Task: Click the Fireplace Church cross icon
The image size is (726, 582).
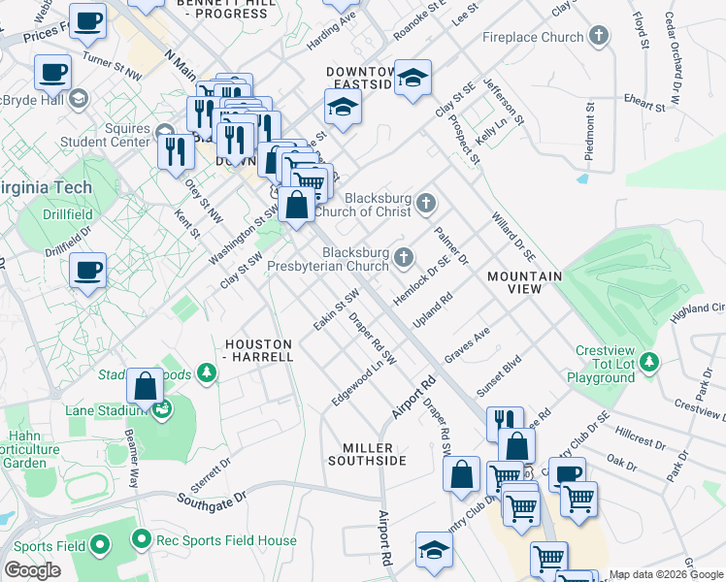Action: click(x=599, y=38)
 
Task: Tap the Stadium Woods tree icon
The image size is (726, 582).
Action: click(x=206, y=372)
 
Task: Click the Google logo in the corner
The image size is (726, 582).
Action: click(x=32, y=570)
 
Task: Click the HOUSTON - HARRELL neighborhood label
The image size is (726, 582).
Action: click(x=258, y=350)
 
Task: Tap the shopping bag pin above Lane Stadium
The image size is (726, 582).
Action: click(x=145, y=386)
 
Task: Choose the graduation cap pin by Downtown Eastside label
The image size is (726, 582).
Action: click(x=412, y=81)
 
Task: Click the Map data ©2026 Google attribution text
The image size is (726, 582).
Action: click(x=666, y=574)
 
